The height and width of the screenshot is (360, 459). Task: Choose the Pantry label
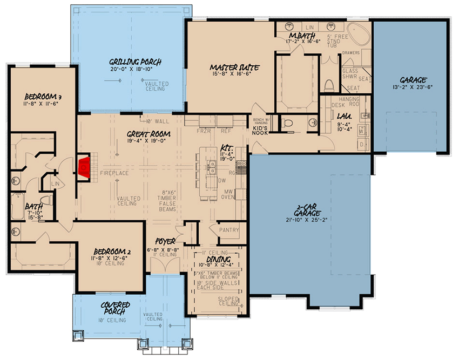tap(229, 230)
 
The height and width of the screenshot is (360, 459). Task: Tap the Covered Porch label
tap(114, 308)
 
